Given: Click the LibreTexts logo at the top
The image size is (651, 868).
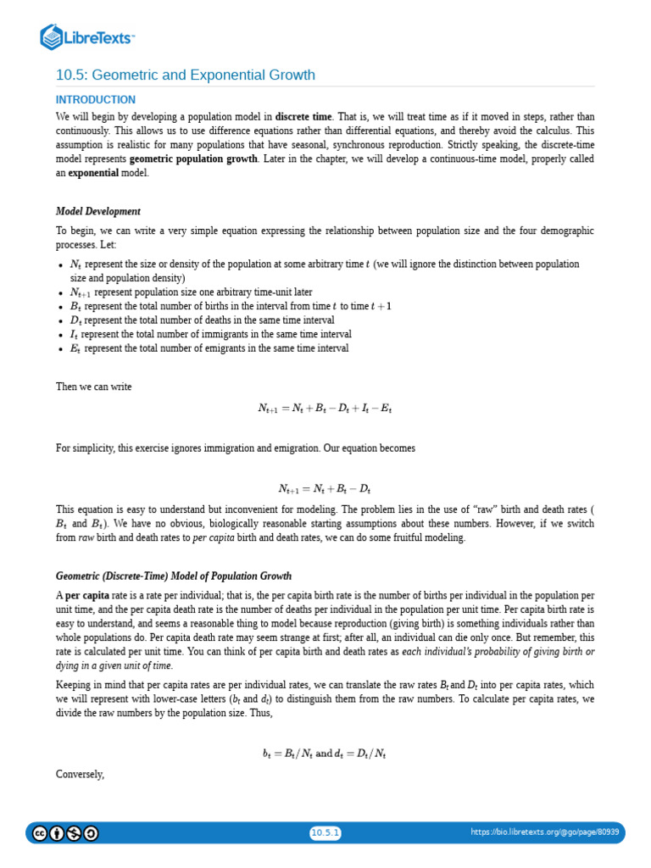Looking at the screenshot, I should point(87,36).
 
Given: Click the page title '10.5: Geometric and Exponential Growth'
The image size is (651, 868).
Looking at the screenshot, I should point(186,75).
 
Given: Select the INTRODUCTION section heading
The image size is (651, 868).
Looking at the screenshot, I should point(96,100).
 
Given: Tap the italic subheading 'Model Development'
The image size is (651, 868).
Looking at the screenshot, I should point(98,211).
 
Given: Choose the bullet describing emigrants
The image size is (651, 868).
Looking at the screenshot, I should point(209,348).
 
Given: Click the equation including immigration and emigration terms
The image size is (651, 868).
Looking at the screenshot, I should point(325,408).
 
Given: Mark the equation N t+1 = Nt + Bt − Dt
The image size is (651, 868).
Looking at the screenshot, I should point(325,488).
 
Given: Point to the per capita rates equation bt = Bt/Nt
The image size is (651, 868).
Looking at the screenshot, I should point(325,753).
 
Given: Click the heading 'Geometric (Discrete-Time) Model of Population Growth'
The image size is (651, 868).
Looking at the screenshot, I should point(174,576).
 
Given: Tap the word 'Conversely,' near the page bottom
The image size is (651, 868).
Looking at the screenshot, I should point(80,774).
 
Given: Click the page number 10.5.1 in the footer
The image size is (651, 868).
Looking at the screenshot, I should point(325,832).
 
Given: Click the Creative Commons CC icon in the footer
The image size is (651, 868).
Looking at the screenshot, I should point(40,833).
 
